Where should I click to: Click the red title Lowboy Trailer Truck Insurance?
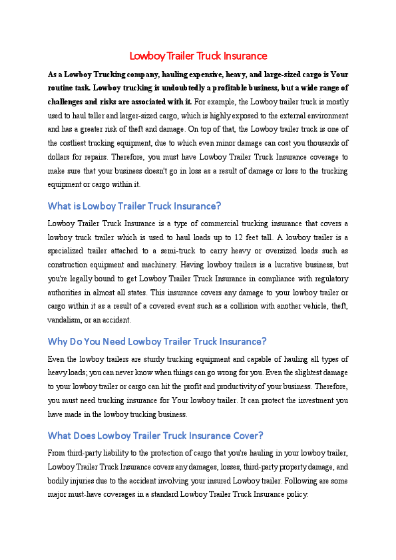click(x=198, y=56)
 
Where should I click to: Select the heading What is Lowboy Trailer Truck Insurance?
click(x=134, y=206)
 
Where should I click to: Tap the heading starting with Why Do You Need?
click(x=157, y=342)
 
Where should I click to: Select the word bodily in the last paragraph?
click(x=61, y=481)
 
